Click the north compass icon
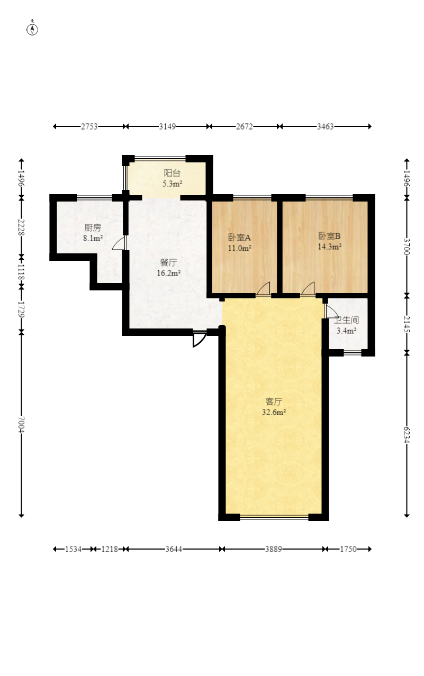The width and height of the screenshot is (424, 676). point(32,29)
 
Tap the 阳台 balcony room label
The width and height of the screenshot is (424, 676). point(172,173)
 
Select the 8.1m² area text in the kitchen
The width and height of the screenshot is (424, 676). point(93,238)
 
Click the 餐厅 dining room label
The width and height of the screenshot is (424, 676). point(168,263)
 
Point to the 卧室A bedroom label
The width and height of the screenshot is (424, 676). point(239,238)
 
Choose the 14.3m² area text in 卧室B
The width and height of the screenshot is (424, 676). point(329,246)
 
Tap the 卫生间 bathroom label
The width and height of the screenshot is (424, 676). point(346,320)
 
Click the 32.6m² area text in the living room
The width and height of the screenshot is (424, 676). point(274,412)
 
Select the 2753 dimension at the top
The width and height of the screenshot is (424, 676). point(89,126)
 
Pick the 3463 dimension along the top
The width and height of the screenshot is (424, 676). point(325,126)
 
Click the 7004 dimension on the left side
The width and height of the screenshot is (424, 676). point(21,425)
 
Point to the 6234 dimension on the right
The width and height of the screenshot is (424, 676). point(407,435)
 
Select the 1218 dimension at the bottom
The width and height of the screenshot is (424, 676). point(110,549)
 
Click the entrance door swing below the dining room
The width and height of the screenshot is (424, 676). point(200,339)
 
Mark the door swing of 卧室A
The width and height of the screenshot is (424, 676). point(263,289)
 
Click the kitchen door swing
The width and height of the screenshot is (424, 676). point(119,243)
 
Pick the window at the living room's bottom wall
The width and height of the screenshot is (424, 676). point(274,517)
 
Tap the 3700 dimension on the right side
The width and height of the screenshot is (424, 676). point(407,246)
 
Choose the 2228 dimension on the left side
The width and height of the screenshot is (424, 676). point(21,228)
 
